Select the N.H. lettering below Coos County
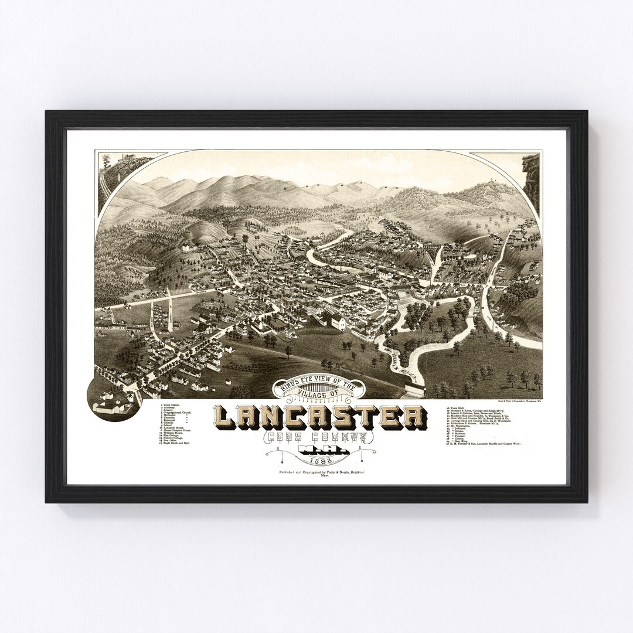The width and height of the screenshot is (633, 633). point(316,450)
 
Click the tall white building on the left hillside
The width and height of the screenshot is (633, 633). point(185,249)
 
